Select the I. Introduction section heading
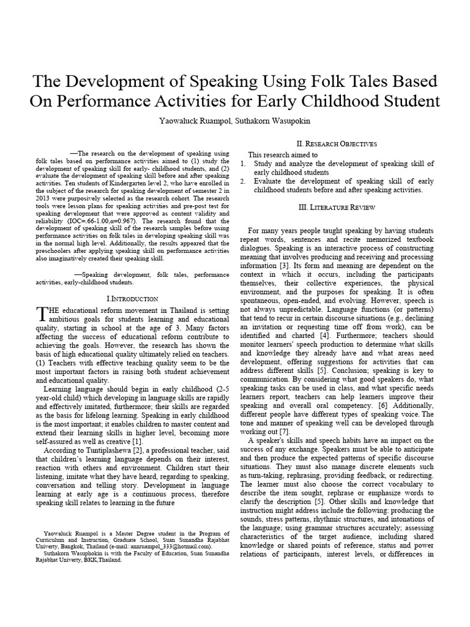coord(132,298)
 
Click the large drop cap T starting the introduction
coord(41,313)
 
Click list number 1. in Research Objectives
coord(242,163)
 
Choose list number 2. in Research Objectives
coord(242,181)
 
